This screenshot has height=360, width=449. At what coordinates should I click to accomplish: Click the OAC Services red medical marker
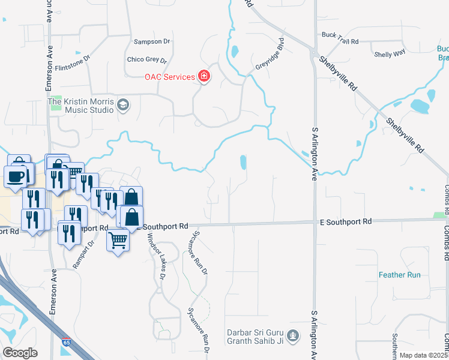click(204, 76)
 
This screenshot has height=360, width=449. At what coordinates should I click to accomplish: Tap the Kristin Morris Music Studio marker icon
click(124, 105)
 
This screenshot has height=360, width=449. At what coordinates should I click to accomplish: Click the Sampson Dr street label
click(152, 41)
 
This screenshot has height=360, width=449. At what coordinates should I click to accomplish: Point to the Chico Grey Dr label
click(147, 59)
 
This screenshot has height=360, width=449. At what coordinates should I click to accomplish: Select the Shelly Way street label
click(390, 54)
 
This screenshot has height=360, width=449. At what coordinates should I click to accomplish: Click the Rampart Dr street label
click(91, 251)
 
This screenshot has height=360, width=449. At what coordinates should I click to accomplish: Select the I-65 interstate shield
click(65, 343)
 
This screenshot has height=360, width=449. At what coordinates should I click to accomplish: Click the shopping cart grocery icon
click(118, 241)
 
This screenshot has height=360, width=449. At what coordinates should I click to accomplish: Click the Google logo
click(20, 352)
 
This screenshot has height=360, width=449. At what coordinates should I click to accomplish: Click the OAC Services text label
click(169, 77)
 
